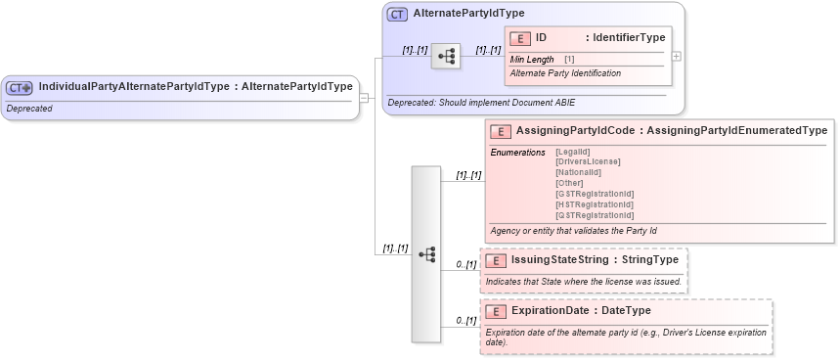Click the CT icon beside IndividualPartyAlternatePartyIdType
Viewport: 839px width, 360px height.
20,87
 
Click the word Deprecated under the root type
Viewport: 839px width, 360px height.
29,108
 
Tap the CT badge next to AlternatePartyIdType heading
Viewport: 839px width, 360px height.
397,15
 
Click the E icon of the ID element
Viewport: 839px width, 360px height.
520,38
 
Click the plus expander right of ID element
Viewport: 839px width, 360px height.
677,56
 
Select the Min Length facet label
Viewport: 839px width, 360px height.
532,60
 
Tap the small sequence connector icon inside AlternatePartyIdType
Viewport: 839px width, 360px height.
445,56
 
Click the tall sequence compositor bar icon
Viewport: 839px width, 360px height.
426,253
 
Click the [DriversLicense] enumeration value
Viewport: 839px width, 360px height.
588,160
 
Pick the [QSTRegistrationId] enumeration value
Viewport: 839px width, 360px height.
595,214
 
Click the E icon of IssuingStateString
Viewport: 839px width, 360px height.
496,261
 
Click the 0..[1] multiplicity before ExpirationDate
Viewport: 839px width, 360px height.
465,320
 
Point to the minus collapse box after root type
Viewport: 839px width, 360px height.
364,97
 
